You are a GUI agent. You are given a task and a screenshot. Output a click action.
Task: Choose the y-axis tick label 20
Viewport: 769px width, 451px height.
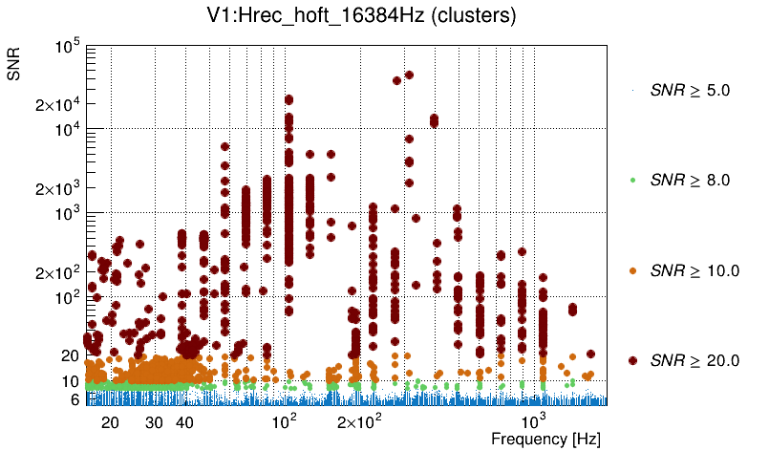tap(70, 355)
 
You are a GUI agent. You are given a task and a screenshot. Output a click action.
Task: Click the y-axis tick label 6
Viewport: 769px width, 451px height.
tap(74, 400)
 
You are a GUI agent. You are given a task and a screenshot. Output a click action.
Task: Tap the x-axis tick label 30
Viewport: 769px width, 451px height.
tap(154, 422)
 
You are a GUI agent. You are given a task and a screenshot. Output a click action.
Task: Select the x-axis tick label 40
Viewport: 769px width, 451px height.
tap(185, 422)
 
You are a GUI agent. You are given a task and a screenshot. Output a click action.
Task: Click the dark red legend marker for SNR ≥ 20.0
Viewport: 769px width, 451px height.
tap(632, 360)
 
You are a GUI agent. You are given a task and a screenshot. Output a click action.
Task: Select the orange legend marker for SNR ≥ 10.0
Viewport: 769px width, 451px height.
tap(632, 270)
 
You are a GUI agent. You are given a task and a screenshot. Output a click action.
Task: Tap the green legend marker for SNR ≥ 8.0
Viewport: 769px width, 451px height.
tap(632, 181)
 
